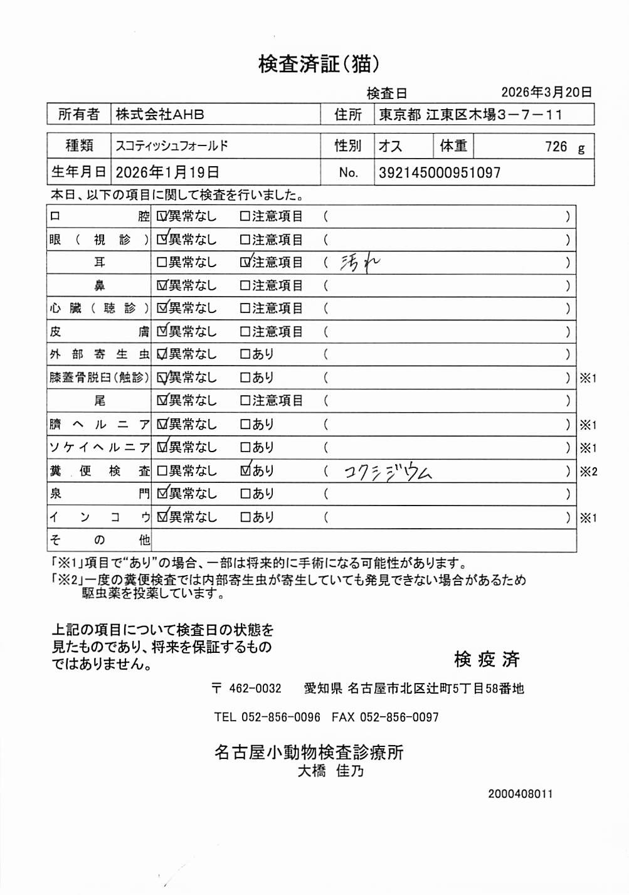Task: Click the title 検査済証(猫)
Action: [319, 64]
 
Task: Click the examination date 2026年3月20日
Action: [546, 92]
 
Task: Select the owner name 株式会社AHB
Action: [160, 114]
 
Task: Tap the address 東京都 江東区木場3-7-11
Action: [470, 114]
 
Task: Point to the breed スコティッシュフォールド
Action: [172, 146]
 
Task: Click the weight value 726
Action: [556, 147]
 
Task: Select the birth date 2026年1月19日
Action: [167, 172]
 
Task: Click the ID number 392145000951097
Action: [440, 172]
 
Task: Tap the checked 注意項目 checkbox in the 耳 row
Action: [245, 262]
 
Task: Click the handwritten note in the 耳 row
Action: [359, 262]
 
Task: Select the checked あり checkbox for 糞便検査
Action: [245, 470]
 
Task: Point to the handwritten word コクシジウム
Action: [388, 472]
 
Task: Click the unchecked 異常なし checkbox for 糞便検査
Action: [162, 470]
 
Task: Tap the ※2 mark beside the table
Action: [588, 472]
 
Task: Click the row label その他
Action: [99, 540]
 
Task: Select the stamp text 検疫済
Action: [487, 659]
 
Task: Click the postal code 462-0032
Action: [255, 689]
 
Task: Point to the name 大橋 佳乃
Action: [330, 771]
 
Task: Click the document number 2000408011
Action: [520, 794]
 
